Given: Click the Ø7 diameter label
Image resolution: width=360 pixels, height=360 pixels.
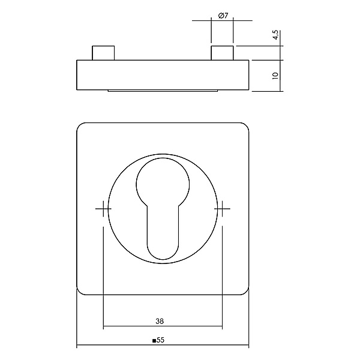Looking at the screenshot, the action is coord(223,16).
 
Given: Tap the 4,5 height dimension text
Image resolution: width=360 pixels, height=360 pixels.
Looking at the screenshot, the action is coord(275,35).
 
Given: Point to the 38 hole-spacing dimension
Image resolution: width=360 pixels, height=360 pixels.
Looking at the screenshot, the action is coord(160,321).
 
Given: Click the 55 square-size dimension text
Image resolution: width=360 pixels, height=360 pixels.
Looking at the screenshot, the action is coord(161,340).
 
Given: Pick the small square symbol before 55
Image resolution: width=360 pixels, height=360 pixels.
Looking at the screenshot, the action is coord(154,340).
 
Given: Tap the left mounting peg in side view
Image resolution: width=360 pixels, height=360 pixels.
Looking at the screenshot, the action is coord(103,53).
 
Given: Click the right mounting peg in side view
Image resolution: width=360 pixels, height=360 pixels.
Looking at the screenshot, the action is coord(222,53).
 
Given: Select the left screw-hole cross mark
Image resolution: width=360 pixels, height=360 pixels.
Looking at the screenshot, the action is coord(103,208).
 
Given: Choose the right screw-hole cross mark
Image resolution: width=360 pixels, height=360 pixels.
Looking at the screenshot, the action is coord(222,208).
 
